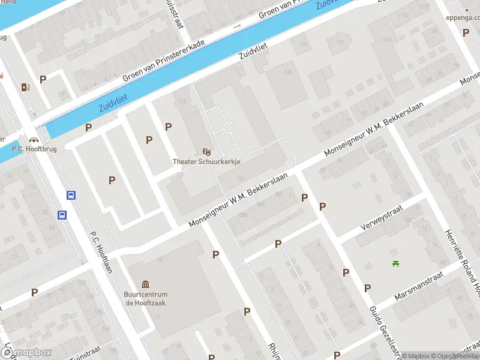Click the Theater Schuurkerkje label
(206, 161)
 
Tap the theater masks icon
(206, 152)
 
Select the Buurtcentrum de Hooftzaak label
(146, 298)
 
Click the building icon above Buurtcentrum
(146, 284)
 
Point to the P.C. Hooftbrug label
(34, 149)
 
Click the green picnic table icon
(395, 263)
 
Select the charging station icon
(25, 88)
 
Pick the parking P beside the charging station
(43, 79)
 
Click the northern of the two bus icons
(71, 196)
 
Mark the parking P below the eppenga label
(466, 32)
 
